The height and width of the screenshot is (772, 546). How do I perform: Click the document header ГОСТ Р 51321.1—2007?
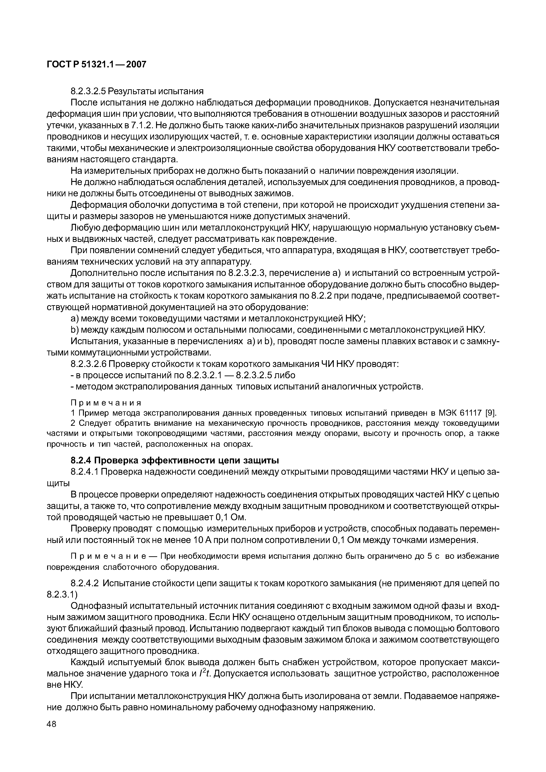(x=96, y=64)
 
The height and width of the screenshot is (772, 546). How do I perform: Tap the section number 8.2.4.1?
(x=84, y=472)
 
